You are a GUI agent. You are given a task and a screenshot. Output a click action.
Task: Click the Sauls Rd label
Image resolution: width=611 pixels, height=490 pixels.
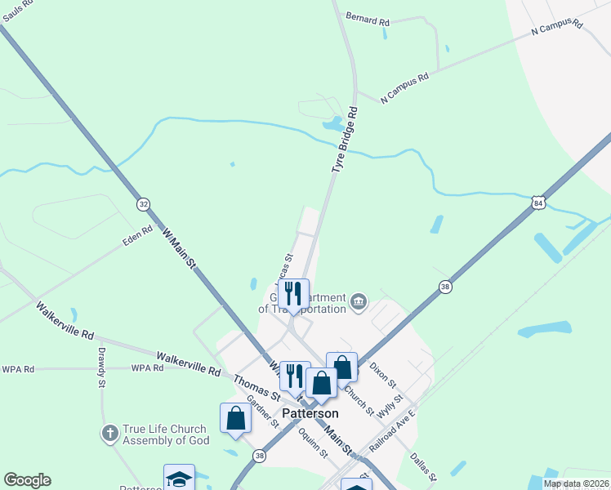coord(17,4)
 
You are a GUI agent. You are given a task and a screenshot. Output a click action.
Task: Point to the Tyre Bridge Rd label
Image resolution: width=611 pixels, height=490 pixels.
coord(345,139)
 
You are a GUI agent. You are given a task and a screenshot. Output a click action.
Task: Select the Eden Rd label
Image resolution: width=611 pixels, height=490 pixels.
coord(137,236)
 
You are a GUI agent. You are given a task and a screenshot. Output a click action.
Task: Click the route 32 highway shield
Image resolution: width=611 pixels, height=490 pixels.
coord(144,203)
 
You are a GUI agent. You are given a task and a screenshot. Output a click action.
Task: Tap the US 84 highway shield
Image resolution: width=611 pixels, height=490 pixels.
coord(537,202)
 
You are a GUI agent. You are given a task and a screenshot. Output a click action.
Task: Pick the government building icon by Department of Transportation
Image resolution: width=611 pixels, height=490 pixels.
coord(359,303)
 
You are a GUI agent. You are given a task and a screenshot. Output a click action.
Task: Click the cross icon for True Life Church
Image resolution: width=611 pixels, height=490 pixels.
coord(109,434)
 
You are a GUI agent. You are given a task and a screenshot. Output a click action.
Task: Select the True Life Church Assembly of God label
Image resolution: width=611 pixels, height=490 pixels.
coord(166,434)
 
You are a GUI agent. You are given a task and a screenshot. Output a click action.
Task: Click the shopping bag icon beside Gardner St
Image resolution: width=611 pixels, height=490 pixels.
coord(235,417)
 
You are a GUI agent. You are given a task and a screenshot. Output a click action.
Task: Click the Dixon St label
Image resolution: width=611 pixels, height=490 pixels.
coord(381,376)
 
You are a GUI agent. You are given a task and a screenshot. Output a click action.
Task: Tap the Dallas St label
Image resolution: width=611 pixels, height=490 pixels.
coord(425,466)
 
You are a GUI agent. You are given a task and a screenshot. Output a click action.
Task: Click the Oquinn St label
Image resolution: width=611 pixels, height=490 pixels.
coord(313,443)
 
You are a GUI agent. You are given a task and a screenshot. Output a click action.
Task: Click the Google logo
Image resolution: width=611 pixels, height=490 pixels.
coord(27,480)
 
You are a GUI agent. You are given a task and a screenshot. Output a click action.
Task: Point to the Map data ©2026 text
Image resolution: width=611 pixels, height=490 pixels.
coord(577,483)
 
